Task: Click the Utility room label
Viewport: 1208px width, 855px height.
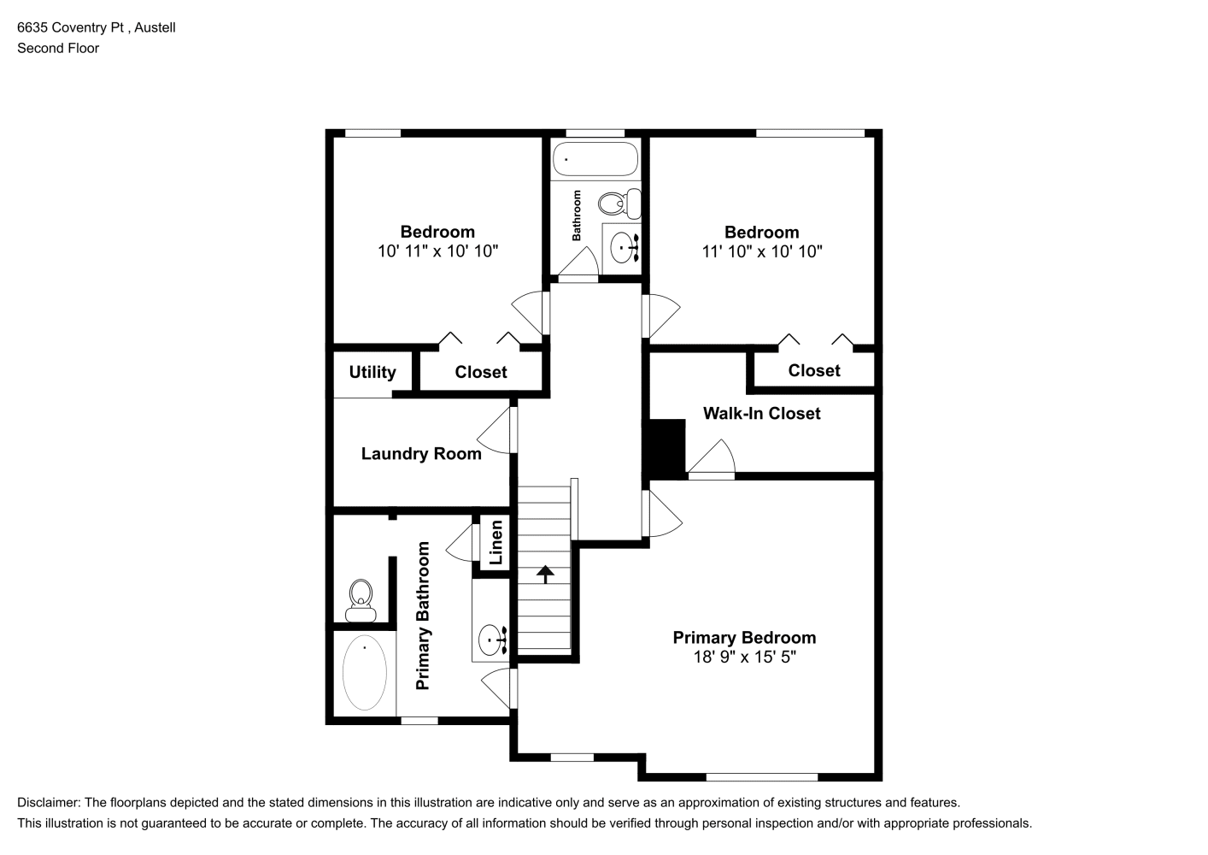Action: [x=372, y=372]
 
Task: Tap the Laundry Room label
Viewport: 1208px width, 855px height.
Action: [x=421, y=453]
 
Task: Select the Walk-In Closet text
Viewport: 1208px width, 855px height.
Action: [x=761, y=414]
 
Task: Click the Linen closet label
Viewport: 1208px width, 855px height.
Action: [x=496, y=542]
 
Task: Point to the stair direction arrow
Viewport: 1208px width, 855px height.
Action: [x=545, y=575]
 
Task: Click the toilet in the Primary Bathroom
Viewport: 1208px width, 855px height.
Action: [x=361, y=601]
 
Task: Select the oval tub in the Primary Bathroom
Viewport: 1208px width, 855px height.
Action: [x=365, y=673]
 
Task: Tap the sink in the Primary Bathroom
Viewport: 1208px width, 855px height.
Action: [x=492, y=640]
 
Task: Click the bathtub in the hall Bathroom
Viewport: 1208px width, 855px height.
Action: [x=595, y=159]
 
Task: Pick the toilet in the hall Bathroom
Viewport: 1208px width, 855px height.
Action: [x=619, y=203]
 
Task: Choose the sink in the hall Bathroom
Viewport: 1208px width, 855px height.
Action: [x=625, y=248]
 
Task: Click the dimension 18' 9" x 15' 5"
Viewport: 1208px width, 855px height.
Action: [x=744, y=657]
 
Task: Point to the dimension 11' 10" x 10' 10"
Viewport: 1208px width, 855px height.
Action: [x=761, y=251]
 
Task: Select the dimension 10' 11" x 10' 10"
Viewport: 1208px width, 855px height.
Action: [x=437, y=251]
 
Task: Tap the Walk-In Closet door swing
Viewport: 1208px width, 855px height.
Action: [x=712, y=457]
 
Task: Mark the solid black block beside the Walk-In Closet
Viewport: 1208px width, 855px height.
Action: [x=664, y=449]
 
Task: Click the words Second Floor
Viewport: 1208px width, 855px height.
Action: [x=58, y=48]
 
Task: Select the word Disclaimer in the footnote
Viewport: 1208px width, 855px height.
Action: [x=49, y=803]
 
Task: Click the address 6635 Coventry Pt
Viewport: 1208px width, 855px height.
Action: [x=71, y=27]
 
